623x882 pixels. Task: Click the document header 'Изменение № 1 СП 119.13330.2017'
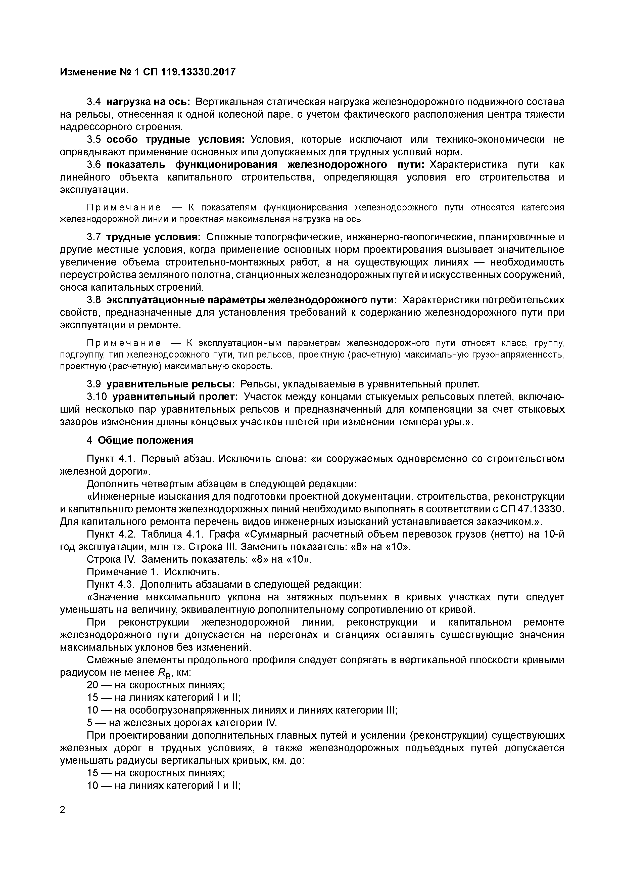(x=148, y=72)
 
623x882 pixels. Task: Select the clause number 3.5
(x=94, y=140)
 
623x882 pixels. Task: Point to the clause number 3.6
(x=94, y=165)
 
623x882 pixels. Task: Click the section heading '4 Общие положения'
(x=140, y=440)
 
